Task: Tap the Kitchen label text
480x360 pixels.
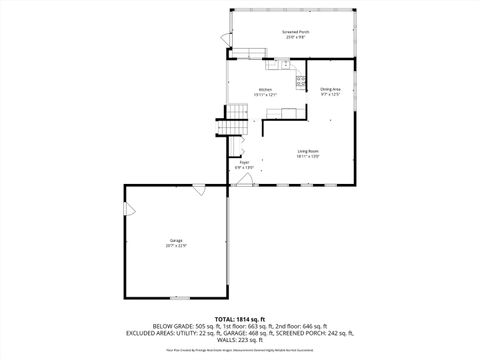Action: [265, 89]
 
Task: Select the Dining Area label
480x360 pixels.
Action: [331, 89]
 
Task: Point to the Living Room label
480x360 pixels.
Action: [307, 151]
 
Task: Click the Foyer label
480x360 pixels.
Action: [243, 162]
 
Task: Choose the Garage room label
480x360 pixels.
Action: [176, 241]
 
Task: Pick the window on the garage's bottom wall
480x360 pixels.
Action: [179, 297]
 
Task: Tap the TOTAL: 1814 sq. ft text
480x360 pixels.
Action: [239, 317]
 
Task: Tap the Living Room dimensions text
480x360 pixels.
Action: [307, 156]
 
